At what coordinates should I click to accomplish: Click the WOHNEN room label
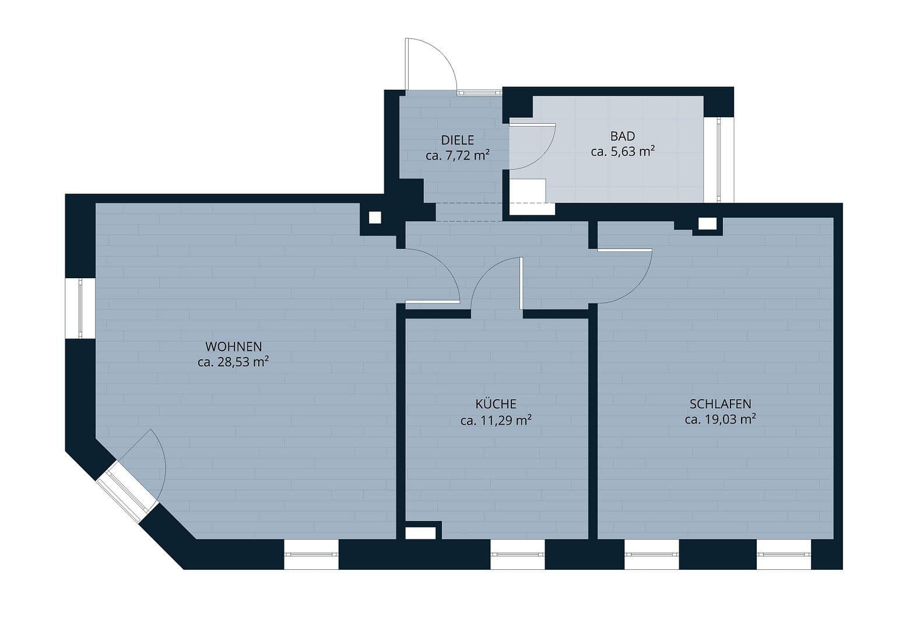pos(233,346)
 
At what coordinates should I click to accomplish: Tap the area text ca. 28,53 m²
pos(233,362)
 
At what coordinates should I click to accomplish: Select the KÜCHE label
pos(496,404)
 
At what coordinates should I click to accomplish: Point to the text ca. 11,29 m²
pos(496,420)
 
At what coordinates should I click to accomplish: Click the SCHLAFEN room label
pos(720,404)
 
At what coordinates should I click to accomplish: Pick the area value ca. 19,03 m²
pos(720,419)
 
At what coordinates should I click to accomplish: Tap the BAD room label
pos(622,136)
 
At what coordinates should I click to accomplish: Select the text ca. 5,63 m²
pos(622,152)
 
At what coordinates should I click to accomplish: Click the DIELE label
pos(457,140)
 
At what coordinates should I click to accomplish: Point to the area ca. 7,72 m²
pos(457,156)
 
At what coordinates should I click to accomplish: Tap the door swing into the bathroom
pos(533,146)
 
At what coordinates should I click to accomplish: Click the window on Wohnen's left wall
pos(80,308)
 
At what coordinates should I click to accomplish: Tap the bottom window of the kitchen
pos(517,554)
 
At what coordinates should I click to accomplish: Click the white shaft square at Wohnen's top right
pos(375,218)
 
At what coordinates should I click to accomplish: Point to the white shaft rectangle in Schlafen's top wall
pos(707,223)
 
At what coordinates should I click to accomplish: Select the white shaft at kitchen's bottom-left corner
pos(420,533)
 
